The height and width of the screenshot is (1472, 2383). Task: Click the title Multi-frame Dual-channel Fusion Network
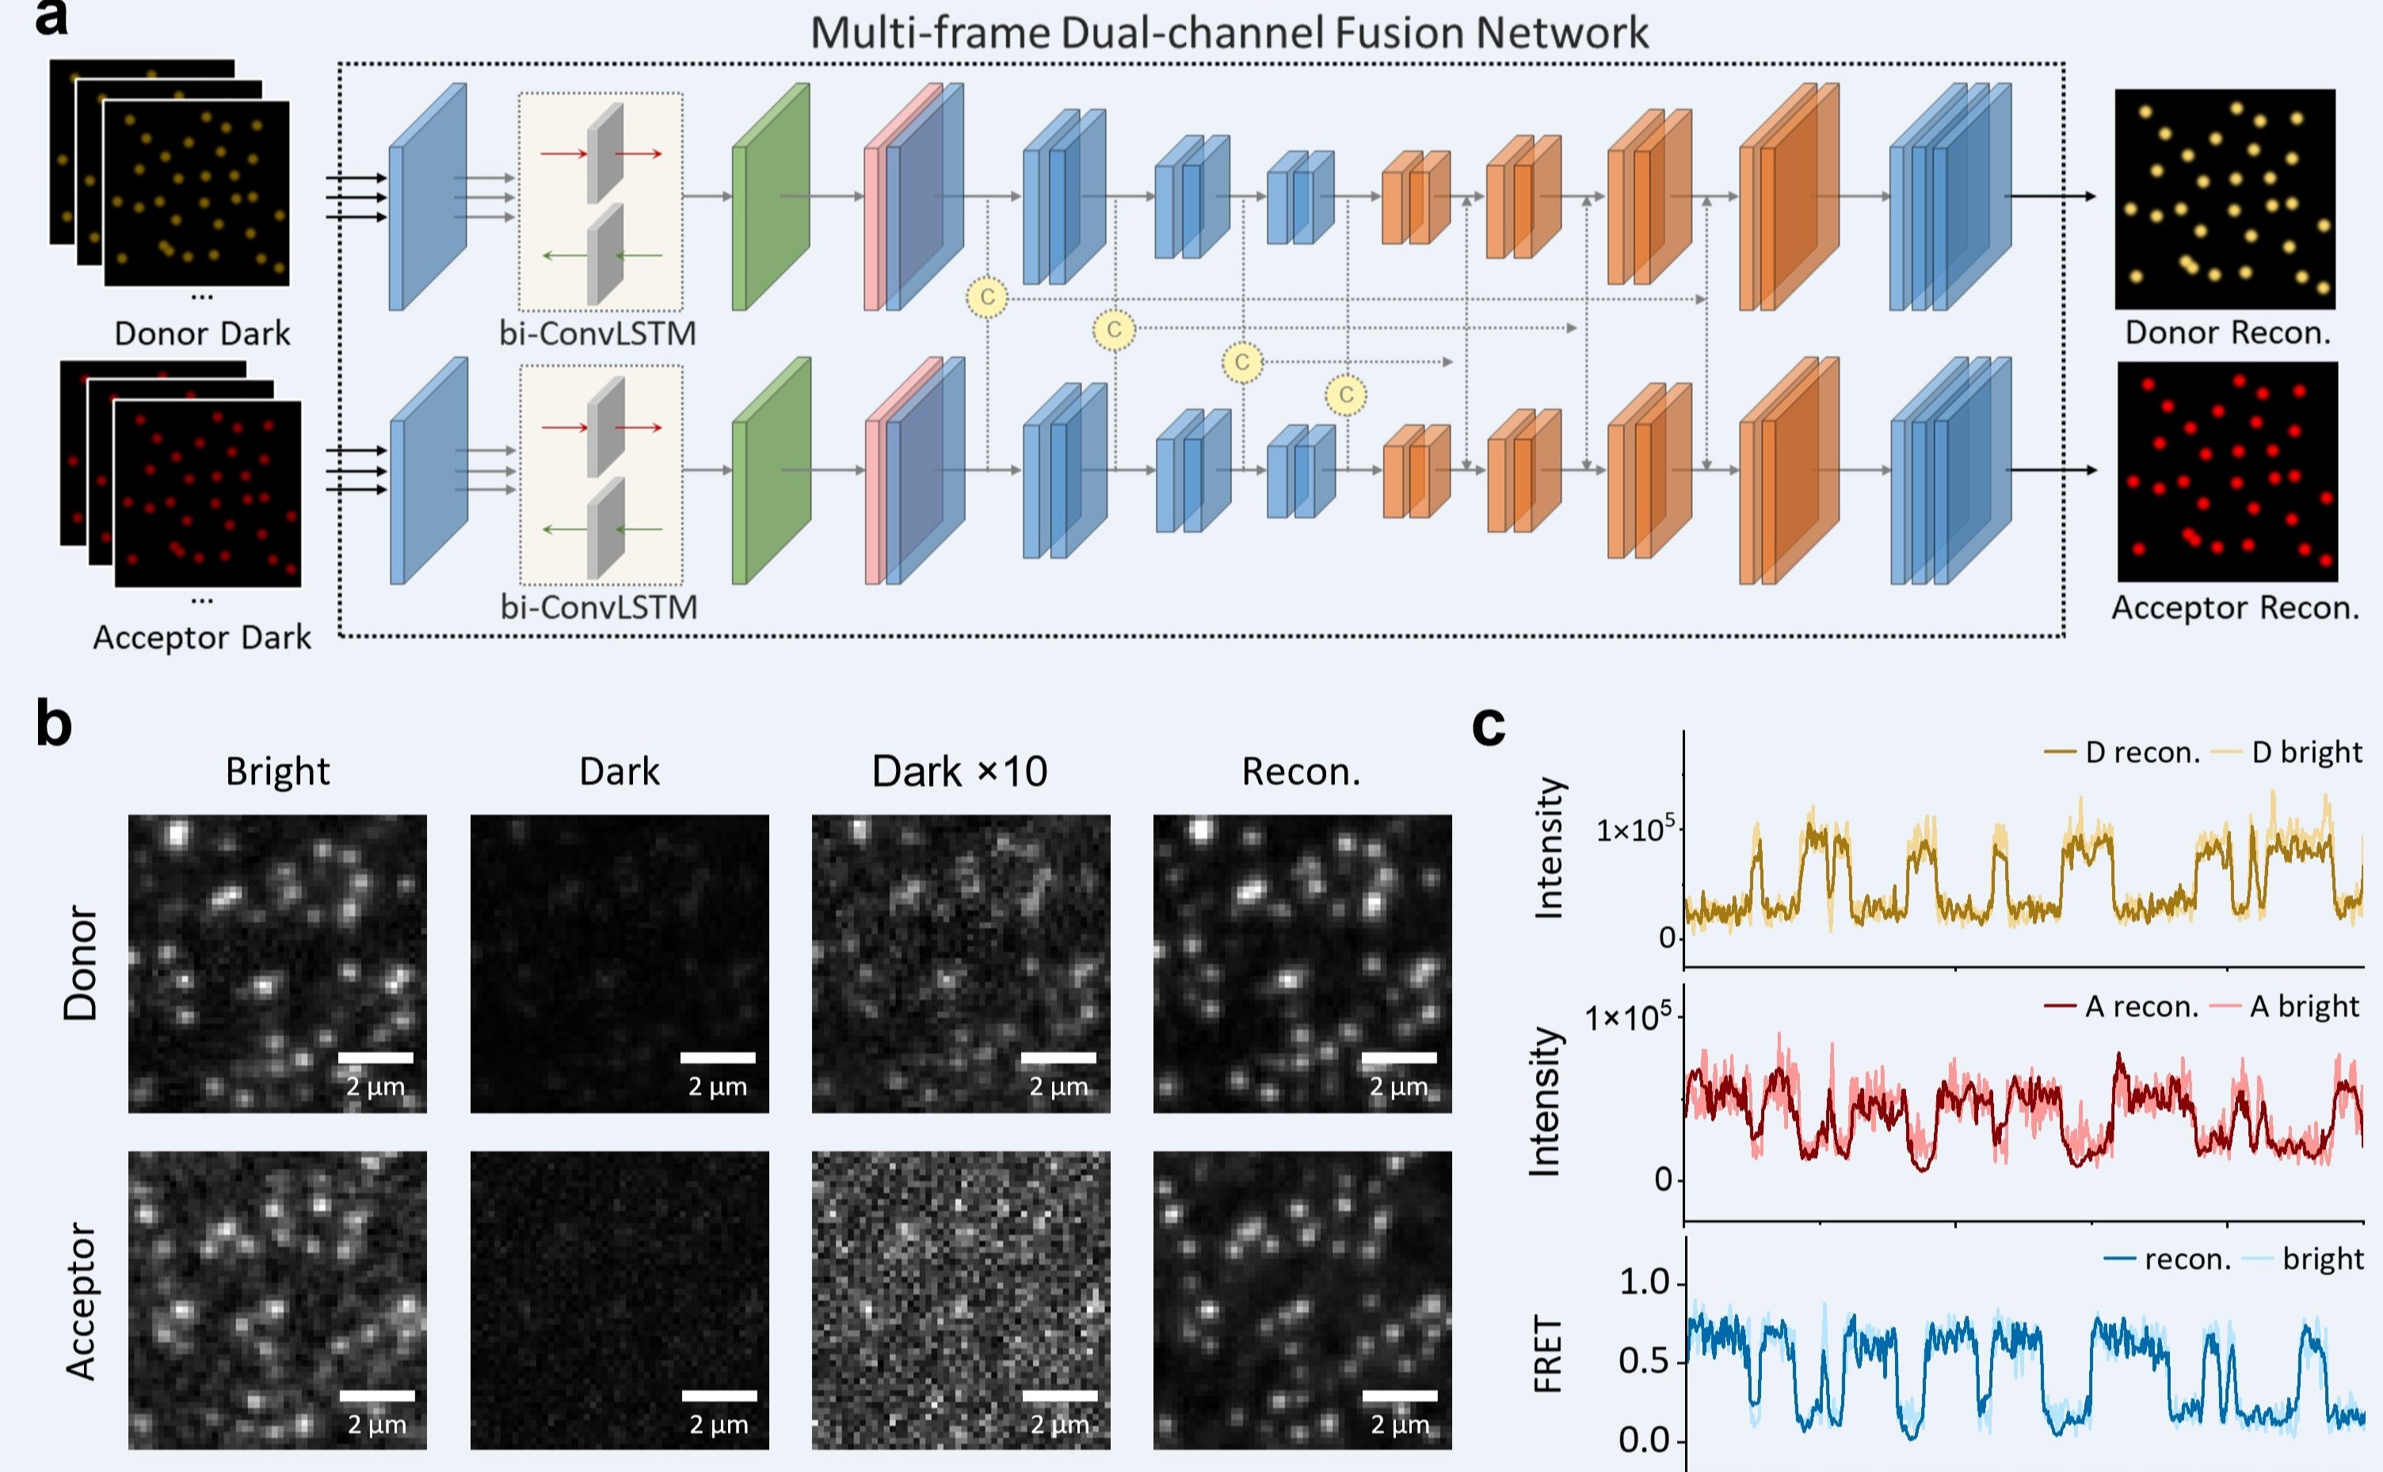coord(1229,32)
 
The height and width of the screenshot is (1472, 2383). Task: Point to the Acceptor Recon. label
coord(2235,607)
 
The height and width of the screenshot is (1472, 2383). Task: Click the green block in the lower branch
coord(772,470)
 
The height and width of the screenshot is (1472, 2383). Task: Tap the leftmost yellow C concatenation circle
coord(987,296)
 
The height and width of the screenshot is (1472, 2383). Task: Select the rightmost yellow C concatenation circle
coord(1346,394)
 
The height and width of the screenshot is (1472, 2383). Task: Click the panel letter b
coord(54,725)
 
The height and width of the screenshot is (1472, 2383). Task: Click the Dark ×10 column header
coord(959,771)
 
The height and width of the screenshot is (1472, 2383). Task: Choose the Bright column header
coord(277,771)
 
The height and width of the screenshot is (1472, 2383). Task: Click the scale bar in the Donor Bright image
coord(376,1057)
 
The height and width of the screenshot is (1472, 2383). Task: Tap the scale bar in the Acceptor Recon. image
coord(1399,1395)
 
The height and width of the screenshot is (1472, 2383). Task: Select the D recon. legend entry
coord(2123,752)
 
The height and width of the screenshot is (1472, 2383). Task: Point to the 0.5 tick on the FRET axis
coord(1645,1361)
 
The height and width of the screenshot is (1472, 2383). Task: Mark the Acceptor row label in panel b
coord(82,1301)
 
